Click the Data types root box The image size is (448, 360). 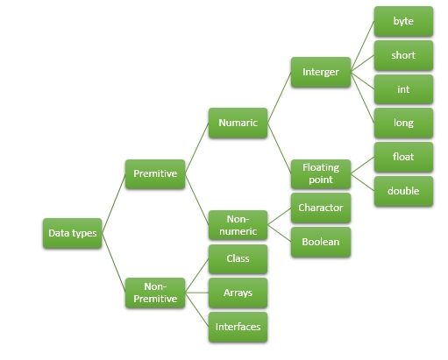click(73, 233)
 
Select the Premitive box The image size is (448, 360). click(155, 174)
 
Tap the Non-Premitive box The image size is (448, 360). click(155, 292)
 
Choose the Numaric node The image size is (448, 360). click(238, 123)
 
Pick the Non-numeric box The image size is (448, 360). click(238, 225)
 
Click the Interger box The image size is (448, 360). click(321, 73)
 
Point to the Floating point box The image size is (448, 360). click(321, 173)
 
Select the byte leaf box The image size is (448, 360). click(403, 21)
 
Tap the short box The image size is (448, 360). click(403, 55)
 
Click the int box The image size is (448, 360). click(403, 89)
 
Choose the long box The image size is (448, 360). click(403, 124)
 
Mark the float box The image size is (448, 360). click(403, 158)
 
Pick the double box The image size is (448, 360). click(403, 191)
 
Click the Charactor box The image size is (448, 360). click(321, 208)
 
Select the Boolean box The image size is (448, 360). click(321, 242)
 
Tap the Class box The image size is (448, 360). click(238, 259)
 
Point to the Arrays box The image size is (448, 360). click(238, 293)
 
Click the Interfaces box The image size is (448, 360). click(238, 327)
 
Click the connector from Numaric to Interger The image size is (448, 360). click(279, 98)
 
